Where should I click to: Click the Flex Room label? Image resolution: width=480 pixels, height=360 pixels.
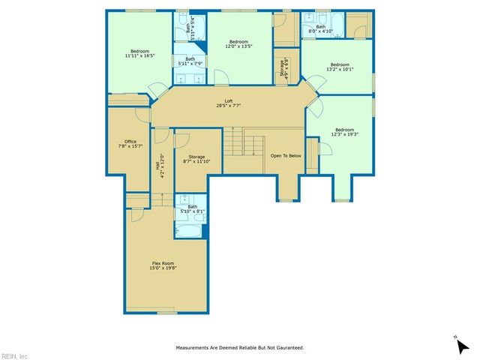tap(164, 265)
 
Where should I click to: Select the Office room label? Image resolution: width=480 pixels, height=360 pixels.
tap(130, 143)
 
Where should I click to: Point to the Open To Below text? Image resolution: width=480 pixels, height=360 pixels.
tap(286, 155)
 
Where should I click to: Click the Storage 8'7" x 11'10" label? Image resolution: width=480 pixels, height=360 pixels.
tap(196, 159)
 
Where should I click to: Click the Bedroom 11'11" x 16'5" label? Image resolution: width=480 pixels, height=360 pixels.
tap(139, 53)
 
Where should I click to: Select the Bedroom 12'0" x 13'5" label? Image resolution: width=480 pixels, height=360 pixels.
tap(238, 43)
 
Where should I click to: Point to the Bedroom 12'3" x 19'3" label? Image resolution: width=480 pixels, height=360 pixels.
tap(345, 131)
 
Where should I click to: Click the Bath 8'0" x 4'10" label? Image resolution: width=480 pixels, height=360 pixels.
tap(321, 28)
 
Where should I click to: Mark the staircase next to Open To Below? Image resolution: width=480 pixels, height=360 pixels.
tap(244, 143)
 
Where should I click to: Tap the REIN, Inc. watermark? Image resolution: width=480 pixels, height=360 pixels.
tap(15, 355)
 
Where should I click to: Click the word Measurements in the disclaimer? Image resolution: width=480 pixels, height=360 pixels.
tap(195, 348)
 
